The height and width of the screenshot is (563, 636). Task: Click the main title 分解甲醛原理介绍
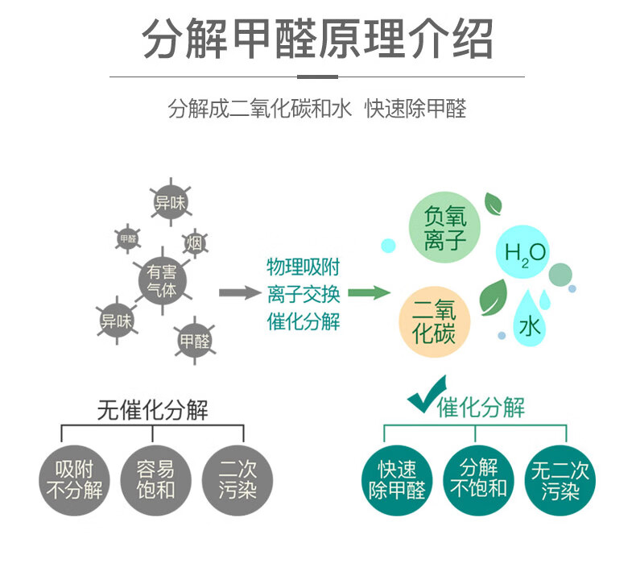click(317, 38)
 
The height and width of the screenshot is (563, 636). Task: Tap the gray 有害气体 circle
click(163, 280)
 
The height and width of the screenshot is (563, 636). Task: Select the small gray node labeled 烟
click(195, 242)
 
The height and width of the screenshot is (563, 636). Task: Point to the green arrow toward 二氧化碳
click(370, 292)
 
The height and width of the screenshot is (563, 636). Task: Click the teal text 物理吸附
click(304, 267)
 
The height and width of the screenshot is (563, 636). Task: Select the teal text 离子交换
click(304, 293)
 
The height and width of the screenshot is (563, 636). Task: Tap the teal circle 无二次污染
click(560, 478)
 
